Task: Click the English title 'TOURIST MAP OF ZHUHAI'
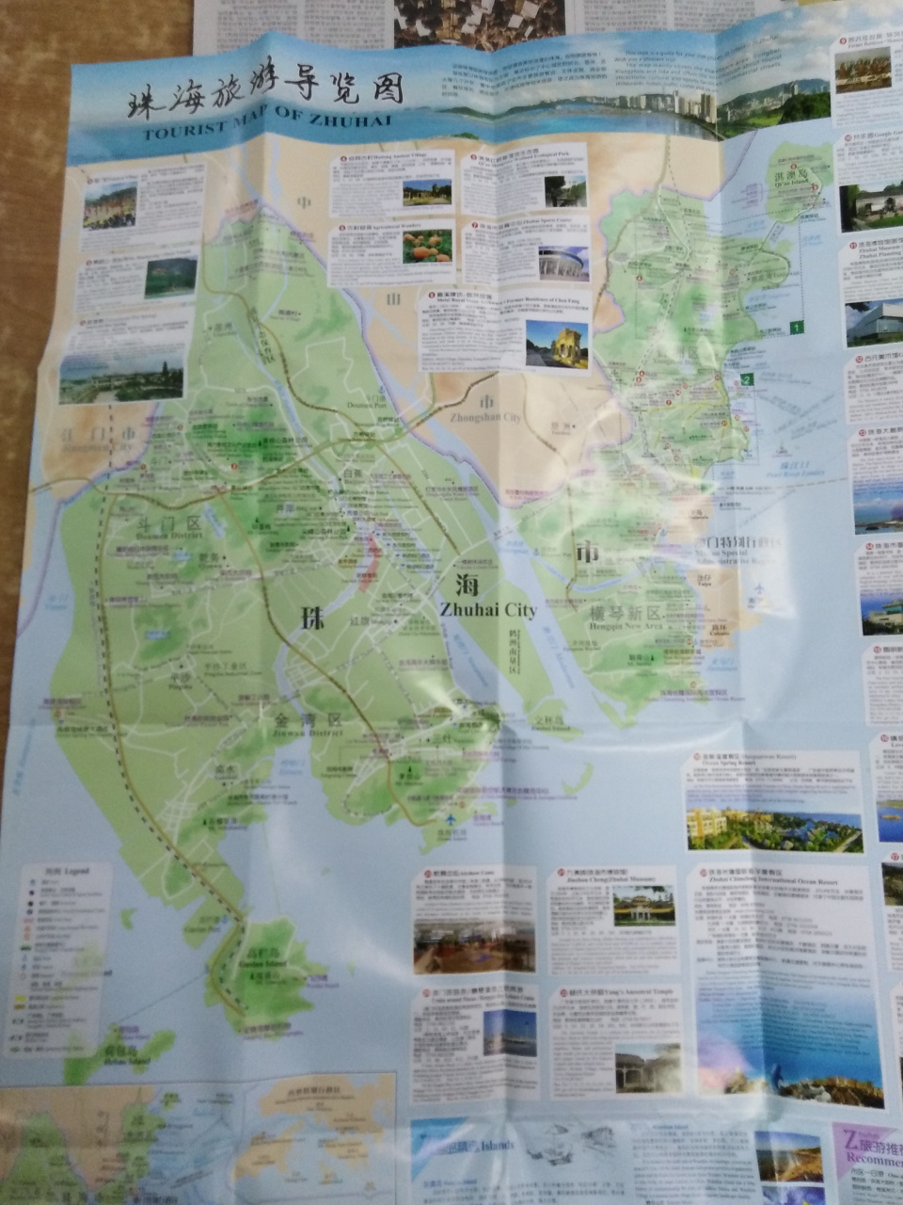point(263,124)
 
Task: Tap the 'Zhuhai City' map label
point(487,610)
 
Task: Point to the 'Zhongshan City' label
point(486,417)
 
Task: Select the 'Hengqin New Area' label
point(625,623)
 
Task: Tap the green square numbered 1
point(797,328)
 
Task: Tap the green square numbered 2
point(745,380)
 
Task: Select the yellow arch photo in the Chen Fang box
point(557,345)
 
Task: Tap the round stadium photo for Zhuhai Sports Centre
point(563,263)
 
